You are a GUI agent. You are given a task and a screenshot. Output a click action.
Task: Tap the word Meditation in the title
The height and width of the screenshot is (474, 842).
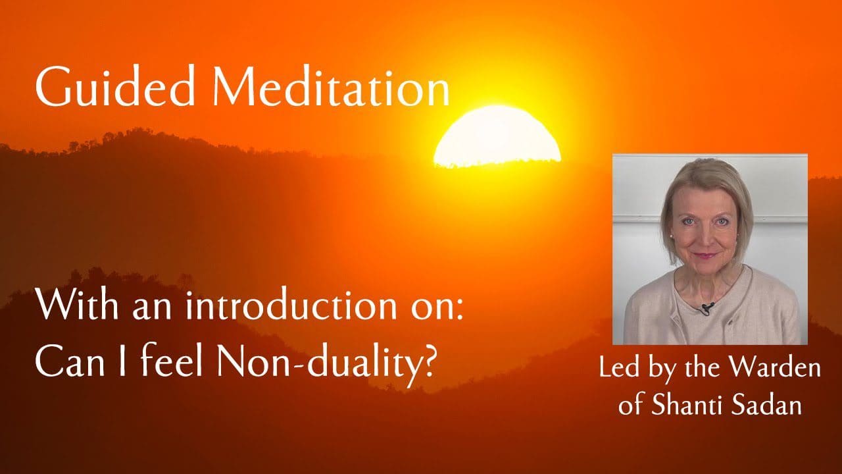point(331,86)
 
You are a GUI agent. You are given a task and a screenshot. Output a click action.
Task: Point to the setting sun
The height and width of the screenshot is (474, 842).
point(497,136)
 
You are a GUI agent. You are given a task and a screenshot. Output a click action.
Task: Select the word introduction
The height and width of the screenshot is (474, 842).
point(291,307)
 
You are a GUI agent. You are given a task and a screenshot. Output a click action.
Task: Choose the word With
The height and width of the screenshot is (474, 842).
point(78,306)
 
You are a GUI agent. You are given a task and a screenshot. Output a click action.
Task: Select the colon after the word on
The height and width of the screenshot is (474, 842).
point(459,312)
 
